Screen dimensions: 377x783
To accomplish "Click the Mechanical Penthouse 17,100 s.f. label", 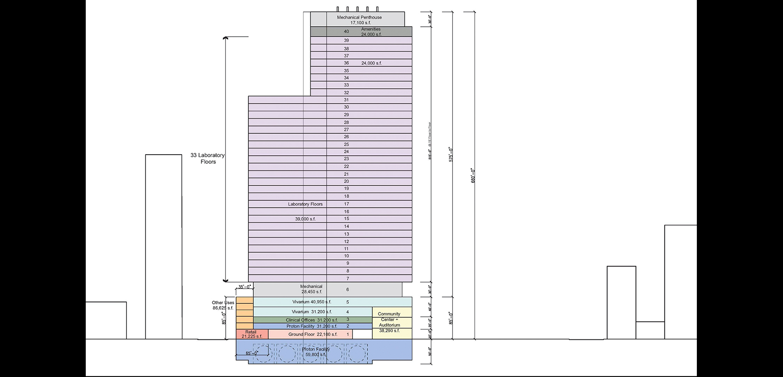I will click(x=359, y=20).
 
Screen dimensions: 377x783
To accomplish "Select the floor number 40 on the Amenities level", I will click(x=346, y=31).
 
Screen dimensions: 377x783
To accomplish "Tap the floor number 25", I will click(x=346, y=144).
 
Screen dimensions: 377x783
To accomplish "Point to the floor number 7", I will click(x=348, y=279).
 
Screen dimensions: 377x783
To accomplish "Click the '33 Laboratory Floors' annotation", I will click(x=207, y=159).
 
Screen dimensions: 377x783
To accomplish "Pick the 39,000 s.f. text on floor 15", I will click(x=305, y=219).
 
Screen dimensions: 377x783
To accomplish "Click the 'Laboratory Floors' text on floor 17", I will click(x=305, y=204).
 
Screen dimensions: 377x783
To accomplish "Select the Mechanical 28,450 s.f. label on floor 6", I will click(x=312, y=289).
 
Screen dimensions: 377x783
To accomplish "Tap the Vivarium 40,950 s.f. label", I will click(x=312, y=302).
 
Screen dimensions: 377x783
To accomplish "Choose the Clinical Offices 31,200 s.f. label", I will click(x=312, y=320).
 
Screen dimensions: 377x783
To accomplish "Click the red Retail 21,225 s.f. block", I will click(x=251, y=334).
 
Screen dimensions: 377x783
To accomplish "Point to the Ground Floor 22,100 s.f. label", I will click(x=313, y=334).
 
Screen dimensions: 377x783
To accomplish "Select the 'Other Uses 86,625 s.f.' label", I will click(x=223, y=305).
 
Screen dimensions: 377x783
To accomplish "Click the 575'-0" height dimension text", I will click(x=451, y=155).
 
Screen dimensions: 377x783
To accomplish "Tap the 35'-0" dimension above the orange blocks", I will click(x=245, y=287).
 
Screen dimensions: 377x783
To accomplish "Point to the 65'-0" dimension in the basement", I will click(x=251, y=353).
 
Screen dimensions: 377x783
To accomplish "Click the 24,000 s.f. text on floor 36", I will click(x=371, y=63).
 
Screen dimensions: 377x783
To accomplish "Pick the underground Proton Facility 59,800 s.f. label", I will click(x=316, y=352).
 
